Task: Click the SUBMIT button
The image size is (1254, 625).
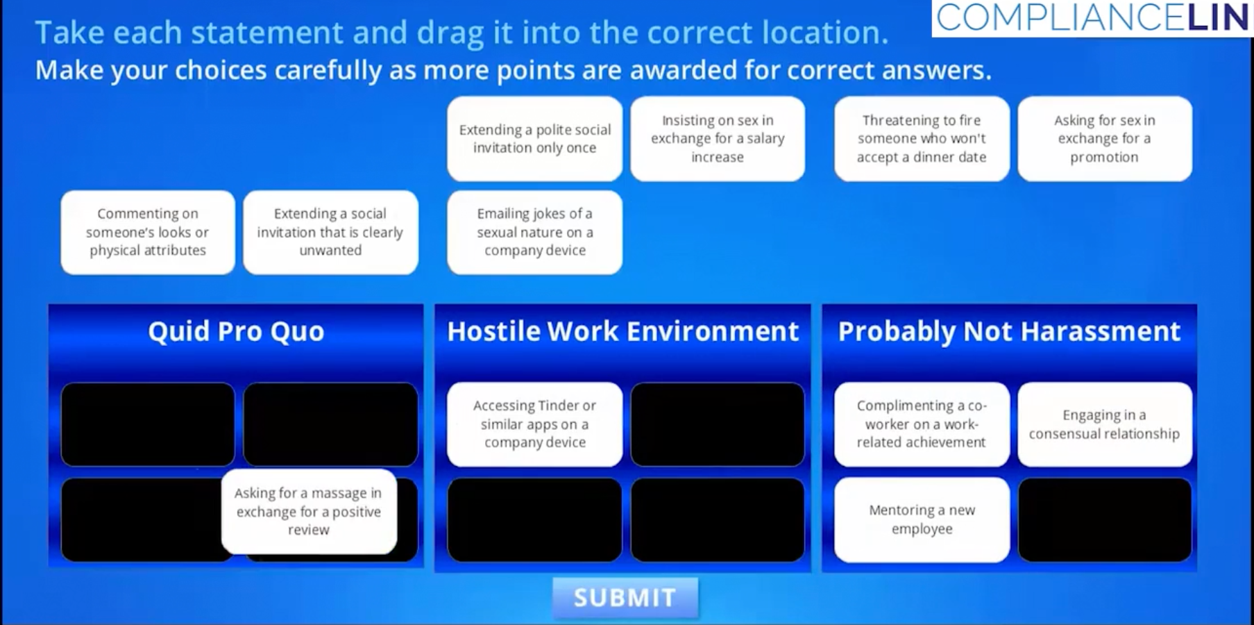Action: [x=625, y=597]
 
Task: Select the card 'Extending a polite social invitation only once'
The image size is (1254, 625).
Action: [x=534, y=139]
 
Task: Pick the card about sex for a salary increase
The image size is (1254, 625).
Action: [x=718, y=139]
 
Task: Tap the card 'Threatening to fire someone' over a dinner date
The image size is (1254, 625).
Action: [x=922, y=139]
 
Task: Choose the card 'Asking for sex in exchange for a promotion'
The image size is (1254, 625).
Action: [x=1105, y=139]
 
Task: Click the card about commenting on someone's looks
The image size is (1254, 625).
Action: [x=148, y=232]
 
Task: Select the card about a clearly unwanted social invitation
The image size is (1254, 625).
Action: [x=330, y=232]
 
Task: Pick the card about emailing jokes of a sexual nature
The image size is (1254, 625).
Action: [x=534, y=232]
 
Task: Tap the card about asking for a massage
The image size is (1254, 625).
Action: [x=309, y=512]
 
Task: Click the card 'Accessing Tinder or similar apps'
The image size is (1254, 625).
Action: [x=534, y=424]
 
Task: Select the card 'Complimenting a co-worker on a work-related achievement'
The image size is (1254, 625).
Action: [x=922, y=424]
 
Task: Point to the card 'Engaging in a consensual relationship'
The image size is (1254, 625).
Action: [x=1105, y=424]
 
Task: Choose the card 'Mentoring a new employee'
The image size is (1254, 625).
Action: [x=922, y=519]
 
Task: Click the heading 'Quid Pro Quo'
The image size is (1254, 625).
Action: [x=236, y=331]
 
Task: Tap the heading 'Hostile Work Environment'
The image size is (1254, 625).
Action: [x=622, y=331]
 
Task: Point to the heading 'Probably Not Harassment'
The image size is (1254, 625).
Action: [x=1009, y=331]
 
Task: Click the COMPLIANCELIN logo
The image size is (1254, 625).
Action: [x=1092, y=17]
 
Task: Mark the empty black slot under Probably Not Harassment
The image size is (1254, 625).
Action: [x=1105, y=519]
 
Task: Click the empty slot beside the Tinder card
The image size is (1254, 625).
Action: [x=718, y=424]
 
